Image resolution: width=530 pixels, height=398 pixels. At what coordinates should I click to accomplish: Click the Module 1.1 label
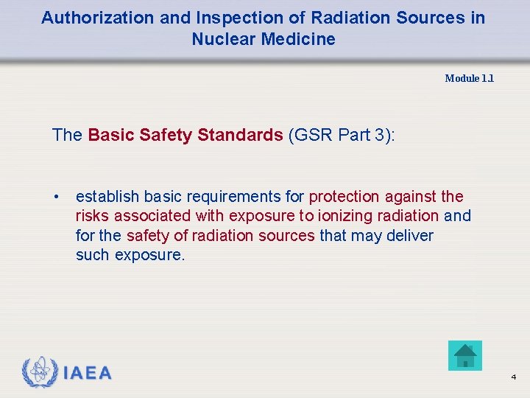pos(469,78)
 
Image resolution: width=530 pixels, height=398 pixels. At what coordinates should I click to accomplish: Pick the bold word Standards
pos(240,135)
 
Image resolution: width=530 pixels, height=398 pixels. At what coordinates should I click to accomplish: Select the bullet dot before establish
pos(56,197)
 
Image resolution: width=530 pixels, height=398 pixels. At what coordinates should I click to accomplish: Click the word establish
pos(107,197)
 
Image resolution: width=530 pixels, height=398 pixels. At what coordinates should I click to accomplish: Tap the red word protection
pos(344,197)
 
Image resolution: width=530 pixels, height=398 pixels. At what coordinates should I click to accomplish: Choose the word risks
pos(93,216)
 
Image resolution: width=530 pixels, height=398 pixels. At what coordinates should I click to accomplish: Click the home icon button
pos(464,355)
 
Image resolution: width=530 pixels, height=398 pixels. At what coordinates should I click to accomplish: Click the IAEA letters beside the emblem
pos(88,374)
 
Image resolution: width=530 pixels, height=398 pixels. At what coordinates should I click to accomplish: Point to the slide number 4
pos(513,377)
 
